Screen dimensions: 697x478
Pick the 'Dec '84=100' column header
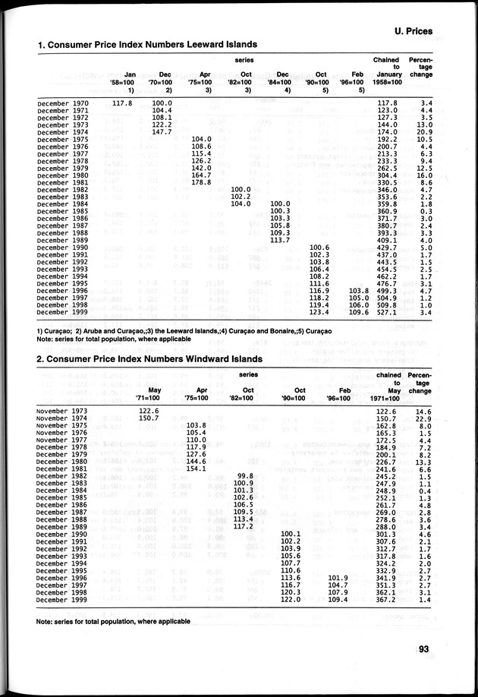click(280, 77)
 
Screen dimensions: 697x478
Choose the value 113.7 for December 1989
click(280, 240)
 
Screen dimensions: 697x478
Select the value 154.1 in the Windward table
click(196, 468)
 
